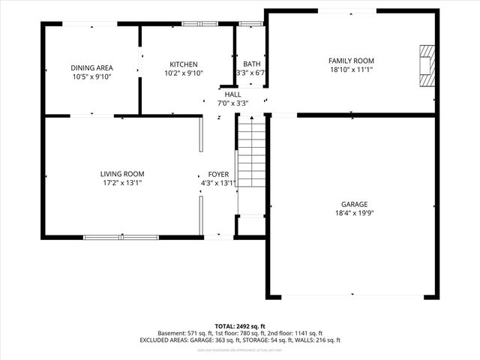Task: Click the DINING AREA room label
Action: (91, 67)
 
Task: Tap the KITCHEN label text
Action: (184, 64)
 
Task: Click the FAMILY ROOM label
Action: (351, 61)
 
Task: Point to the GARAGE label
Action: (355, 204)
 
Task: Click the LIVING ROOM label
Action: (122, 174)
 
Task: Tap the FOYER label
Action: (218, 174)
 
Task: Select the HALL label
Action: (233, 94)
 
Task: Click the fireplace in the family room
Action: (426, 67)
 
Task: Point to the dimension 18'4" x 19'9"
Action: (355, 213)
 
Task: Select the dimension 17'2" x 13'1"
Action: (122, 183)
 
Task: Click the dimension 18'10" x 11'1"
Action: (351, 70)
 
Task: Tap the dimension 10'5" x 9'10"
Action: (91, 76)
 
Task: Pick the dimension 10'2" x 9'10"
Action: (184, 73)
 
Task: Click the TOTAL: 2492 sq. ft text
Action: (239, 326)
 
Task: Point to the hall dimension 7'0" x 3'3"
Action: (233, 103)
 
